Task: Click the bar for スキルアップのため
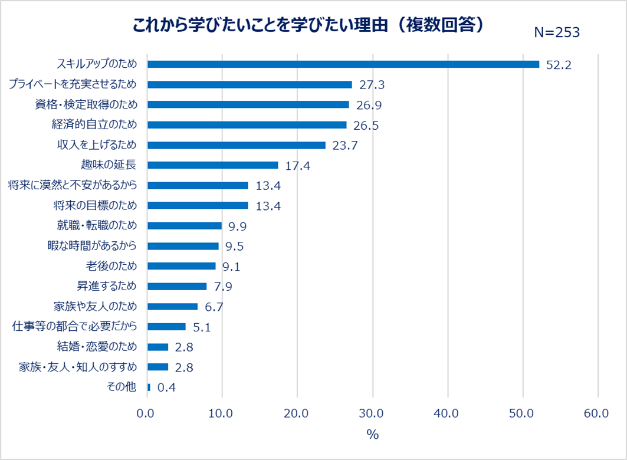coord(343,64)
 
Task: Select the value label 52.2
coord(559,65)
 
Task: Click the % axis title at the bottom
coord(372,435)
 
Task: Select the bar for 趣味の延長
coord(212,165)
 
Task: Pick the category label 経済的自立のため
coord(94,124)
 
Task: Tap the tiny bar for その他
coord(149,387)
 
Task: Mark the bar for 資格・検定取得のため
coord(248,104)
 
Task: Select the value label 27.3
coord(372,85)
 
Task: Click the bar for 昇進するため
coord(177,286)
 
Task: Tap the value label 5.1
coord(202,327)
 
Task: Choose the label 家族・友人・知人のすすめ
coord(78,367)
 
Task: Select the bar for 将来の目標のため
coord(198,205)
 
